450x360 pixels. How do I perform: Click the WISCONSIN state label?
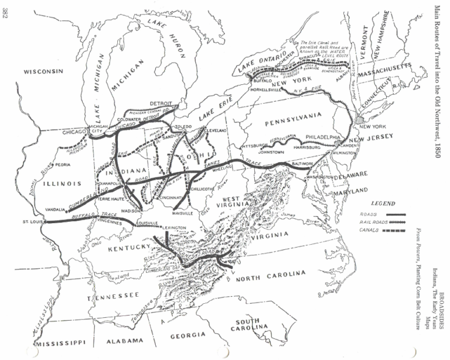tap(43, 72)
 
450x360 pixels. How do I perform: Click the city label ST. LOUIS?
tap(34, 222)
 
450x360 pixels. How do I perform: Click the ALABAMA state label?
tap(124, 341)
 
